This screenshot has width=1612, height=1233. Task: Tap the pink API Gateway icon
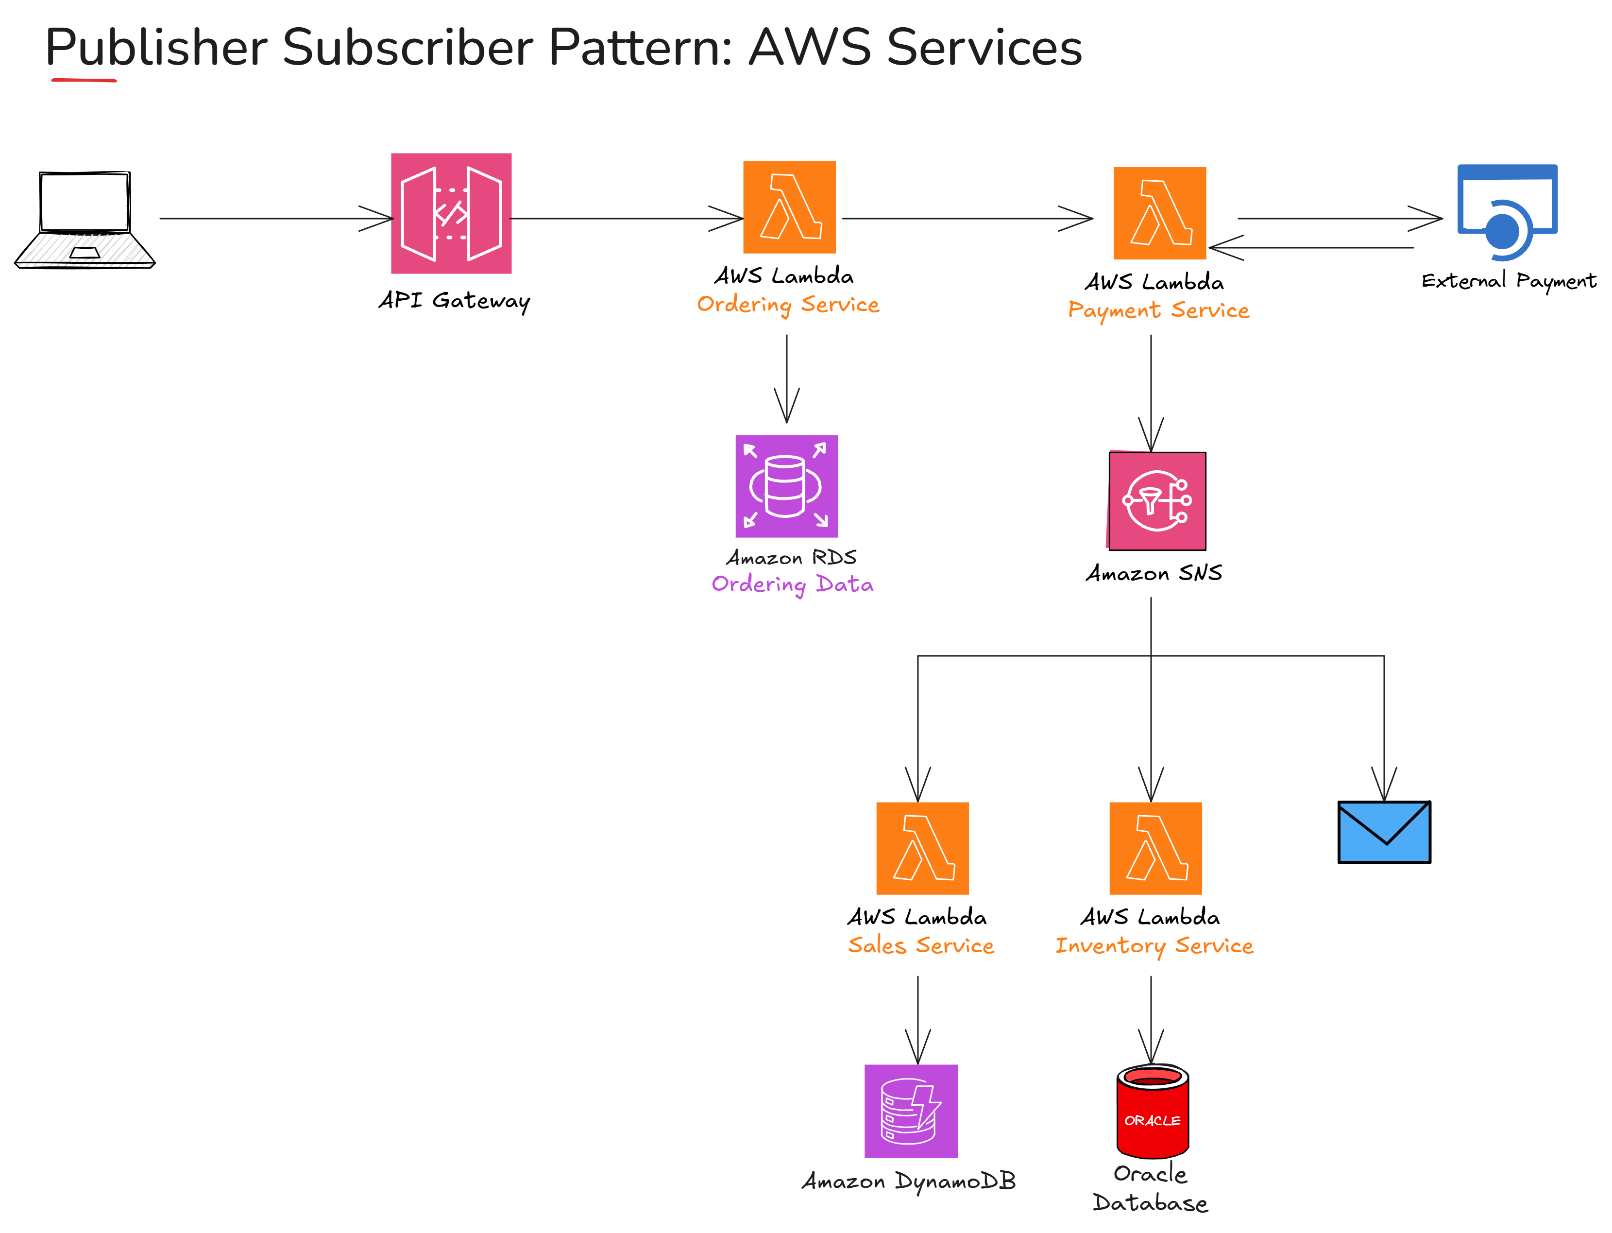451,213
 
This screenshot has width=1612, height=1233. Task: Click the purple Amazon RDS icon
786,486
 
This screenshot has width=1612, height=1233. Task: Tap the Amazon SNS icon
1156,500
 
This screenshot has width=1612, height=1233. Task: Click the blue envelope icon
1383,832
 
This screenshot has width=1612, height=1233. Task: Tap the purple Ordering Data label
792,584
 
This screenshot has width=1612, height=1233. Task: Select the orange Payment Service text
1158,310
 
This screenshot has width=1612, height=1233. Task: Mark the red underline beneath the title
84,79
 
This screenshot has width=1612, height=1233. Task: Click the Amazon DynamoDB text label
908,1181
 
